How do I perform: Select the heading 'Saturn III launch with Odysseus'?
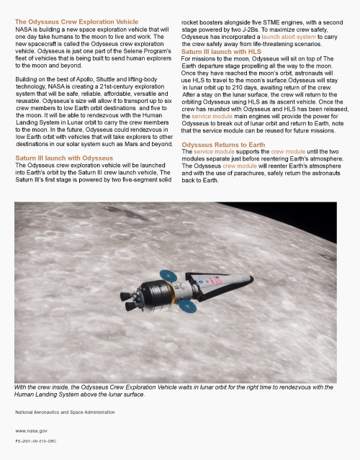(64, 157)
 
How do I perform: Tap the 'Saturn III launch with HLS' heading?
(221, 52)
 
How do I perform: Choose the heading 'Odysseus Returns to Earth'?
(223, 145)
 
